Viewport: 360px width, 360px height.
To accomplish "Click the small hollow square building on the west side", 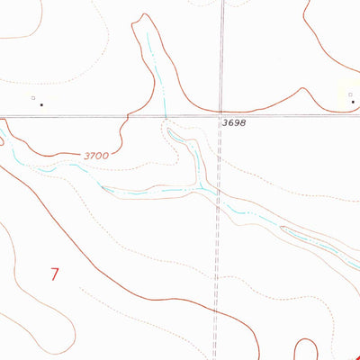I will click(x=33, y=97).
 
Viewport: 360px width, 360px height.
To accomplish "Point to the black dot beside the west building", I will click(x=41, y=103).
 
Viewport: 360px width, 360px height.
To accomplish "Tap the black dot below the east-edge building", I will click(x=353, y=103).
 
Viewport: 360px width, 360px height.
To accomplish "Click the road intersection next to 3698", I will click(x=220, y=115).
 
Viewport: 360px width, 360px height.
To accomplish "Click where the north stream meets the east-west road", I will click(x=165, y=115).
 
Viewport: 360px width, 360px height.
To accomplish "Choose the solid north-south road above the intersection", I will click(x=220, y=54).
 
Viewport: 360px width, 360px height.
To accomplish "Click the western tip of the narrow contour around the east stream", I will click(x=282, y=229).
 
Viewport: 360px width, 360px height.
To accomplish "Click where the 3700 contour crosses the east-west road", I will click(x=129, y=115).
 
